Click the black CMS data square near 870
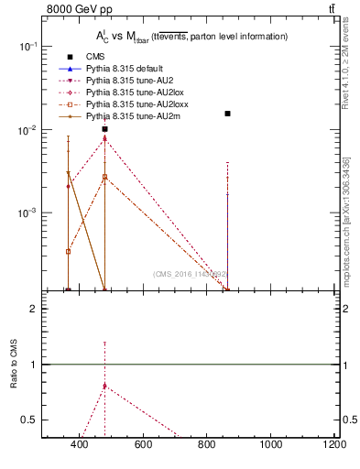(x=227, y=114)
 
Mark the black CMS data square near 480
(x=105, y=129)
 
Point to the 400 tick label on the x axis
(x=79, y=445)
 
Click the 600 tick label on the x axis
(x=143, y=445)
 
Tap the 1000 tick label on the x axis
(x=270, y=445)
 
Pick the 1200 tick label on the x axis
(x=333, y=445)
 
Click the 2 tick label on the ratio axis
(x=34, y=309)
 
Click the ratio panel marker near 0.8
(x=105, y=386)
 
